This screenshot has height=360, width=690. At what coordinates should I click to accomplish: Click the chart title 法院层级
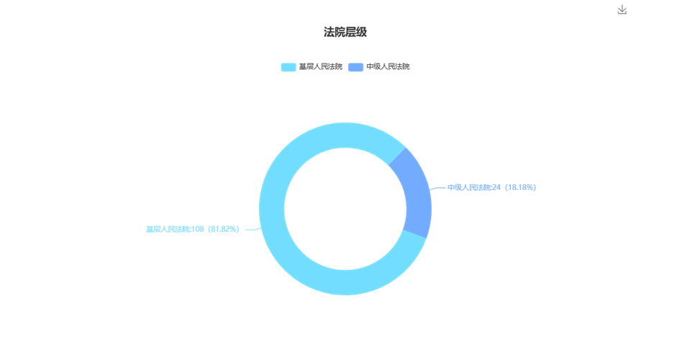pyautogui.click(x=345, y=32)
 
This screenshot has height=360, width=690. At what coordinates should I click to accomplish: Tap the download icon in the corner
pyautogui.click(x=622, y=9)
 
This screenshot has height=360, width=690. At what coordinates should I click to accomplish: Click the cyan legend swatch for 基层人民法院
pyautogui.click(x=289, y=67)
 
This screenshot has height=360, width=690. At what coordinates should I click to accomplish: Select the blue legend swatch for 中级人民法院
pyautogui.click(x=355, y=67)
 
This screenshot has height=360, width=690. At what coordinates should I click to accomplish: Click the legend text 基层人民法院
pyautogui.click(x=320, y=67)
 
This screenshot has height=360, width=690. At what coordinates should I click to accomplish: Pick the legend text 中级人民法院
pyautogui.click(x=388, y=67)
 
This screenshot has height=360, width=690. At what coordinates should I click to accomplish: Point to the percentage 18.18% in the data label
pyautogui.click(x=521, y=187)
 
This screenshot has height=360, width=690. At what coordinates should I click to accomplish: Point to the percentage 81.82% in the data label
pyautogui.click(x=224, y=229)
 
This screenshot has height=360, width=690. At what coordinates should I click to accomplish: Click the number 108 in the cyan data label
pyautogui.click(x=198, y=229)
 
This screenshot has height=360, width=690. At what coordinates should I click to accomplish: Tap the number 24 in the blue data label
pyautogui.click(x=496, y=187)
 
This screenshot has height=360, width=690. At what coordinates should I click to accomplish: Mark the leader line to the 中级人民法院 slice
pyautogui.click(x=437, y=188)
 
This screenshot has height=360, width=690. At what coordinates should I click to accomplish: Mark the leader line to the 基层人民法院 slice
pyautogui.click(x=253, y=229)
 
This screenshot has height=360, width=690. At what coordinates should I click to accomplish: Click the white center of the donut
pyautogui.click(x=345, y=209)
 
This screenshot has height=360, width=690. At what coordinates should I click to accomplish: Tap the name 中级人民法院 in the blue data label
pyautogui.click(x=469, y=187)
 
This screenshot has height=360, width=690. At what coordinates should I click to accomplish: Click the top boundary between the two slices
pyautogui.click(x=397, y=156)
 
